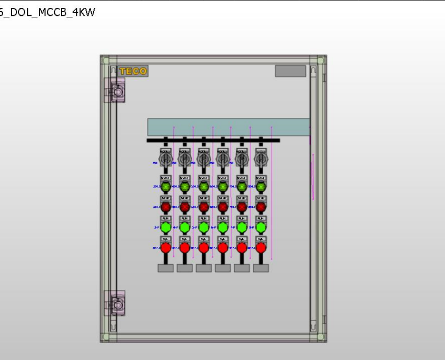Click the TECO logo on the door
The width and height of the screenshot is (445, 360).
pyautogui.click(x=133, y=71)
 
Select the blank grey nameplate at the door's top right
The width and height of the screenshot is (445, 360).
pyautogui.click(x=290, y=71)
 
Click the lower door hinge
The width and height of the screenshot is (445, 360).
pyautogui.click(x=115, y=304)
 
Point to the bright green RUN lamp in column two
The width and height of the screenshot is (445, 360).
pyautogui.click(x=185, y=227)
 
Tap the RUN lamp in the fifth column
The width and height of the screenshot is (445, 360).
pyautogui.click(x=242, y=227)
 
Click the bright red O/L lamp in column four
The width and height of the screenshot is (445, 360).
pyautogui.click(x=223, y=247)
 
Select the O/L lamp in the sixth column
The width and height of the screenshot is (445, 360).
pyautogui.click(x=261, y=247)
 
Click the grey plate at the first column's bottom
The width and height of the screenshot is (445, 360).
pyautogui.click(x=165, y=268)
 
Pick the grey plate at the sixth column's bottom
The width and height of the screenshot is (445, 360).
pyautogui.click(x=261, y=268)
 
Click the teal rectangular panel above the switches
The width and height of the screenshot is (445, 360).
pyautogui.click(x=228, y=127)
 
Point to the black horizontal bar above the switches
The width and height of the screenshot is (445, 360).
pyautogui.click(x=213, y=141)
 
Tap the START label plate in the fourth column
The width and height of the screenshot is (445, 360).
pyautogui.click(x=223, y=178)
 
